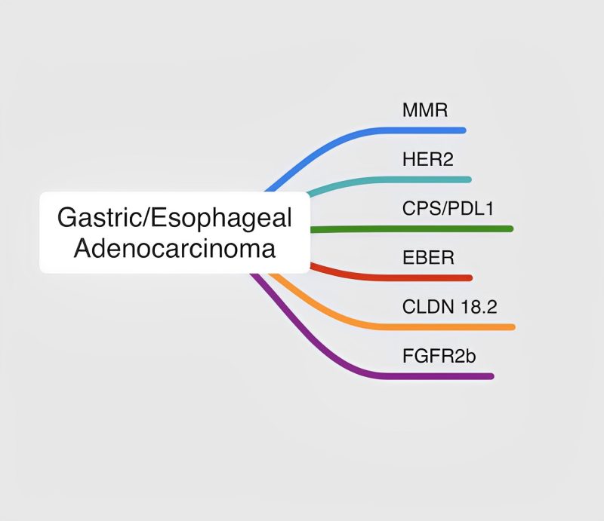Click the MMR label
point(425,111)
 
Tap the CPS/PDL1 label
point(448,208)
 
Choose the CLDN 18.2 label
point(449,306)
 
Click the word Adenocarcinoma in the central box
point(174,248)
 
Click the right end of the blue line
point(463,130)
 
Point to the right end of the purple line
point(491,375)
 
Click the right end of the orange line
point(512,326)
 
